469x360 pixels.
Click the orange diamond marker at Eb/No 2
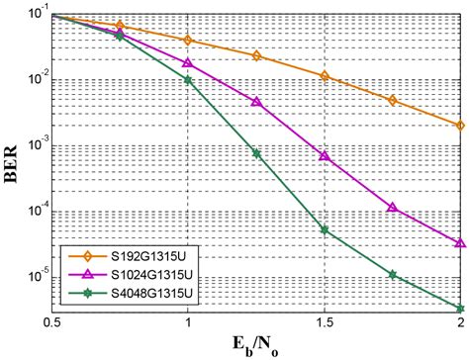click(461, 126)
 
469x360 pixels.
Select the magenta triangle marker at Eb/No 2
click(461, 242)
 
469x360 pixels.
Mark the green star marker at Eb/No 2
click(461, 308)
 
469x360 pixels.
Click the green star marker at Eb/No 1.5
click(325, 230)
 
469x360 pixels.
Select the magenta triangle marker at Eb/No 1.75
click(393, 208)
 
